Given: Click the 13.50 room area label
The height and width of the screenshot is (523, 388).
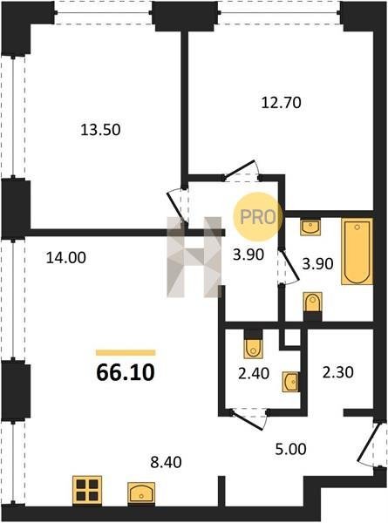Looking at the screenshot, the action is [100, 129].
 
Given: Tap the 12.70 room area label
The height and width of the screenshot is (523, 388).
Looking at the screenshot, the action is [282, 102].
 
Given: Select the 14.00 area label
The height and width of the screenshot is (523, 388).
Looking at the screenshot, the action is [65, 257].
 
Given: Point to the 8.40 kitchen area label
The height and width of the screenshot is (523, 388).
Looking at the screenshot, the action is [166, 462].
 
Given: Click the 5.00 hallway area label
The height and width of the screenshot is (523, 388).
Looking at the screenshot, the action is [290, 449].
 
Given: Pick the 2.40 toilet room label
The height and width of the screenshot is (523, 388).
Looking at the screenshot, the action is [254, 373].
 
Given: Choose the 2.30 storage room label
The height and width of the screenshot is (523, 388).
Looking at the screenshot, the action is [337, 372].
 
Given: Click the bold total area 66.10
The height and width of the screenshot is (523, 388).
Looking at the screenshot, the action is [126, 372].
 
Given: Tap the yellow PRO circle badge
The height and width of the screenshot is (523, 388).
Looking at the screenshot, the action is [257, 217].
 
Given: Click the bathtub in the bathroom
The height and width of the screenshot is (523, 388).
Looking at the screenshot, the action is [357, 252].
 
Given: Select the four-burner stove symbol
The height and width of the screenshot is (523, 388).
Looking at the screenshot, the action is [87, 490].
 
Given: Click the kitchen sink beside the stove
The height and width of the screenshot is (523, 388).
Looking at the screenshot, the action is [141, 492].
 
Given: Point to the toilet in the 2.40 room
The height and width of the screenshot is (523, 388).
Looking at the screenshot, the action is [253, 345].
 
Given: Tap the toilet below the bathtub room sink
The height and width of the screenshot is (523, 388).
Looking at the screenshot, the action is [313, 305].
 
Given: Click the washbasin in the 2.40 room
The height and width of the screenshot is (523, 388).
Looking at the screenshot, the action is [290, 382].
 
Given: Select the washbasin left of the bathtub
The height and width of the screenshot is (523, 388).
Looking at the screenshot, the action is [310, 228].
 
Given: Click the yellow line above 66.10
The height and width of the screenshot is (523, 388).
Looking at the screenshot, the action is [126, 352].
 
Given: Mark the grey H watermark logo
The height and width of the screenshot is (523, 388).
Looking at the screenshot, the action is [194, 257].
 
